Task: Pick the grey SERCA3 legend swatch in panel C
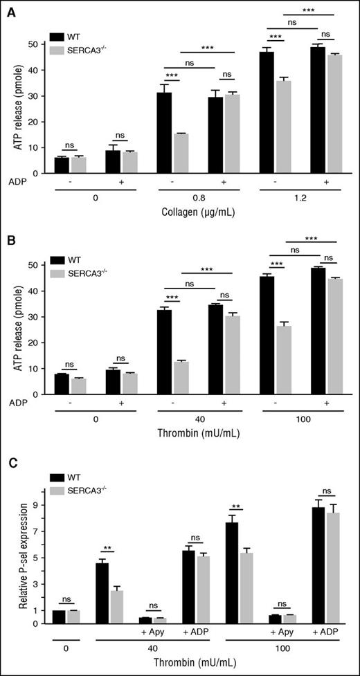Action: pyautogui.click(x=59, y=489)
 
